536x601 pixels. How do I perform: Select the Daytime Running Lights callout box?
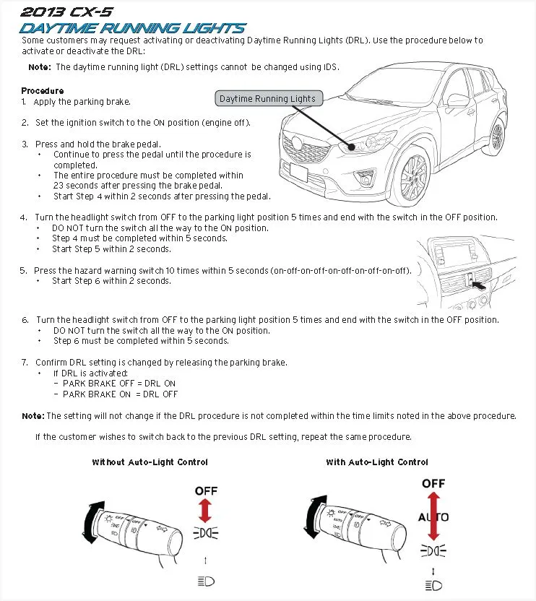(267, 98)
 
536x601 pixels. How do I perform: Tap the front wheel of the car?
(413, 177)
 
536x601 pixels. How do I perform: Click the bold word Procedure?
(42, 91)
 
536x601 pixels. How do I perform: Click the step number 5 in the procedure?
(24, 271)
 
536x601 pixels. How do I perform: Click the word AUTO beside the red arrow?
(433, 517)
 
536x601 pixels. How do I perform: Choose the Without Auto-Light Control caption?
(150, 462)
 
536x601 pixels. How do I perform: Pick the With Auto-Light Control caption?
(376, 462)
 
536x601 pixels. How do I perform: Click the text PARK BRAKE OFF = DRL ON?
(119, 384)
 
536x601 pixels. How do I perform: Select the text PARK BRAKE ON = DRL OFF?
(120, 394)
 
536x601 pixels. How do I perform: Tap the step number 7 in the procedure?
(24, 363)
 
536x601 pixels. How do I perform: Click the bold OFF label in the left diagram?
(206, 491)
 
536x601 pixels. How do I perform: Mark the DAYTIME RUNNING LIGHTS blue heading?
(132, 28)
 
